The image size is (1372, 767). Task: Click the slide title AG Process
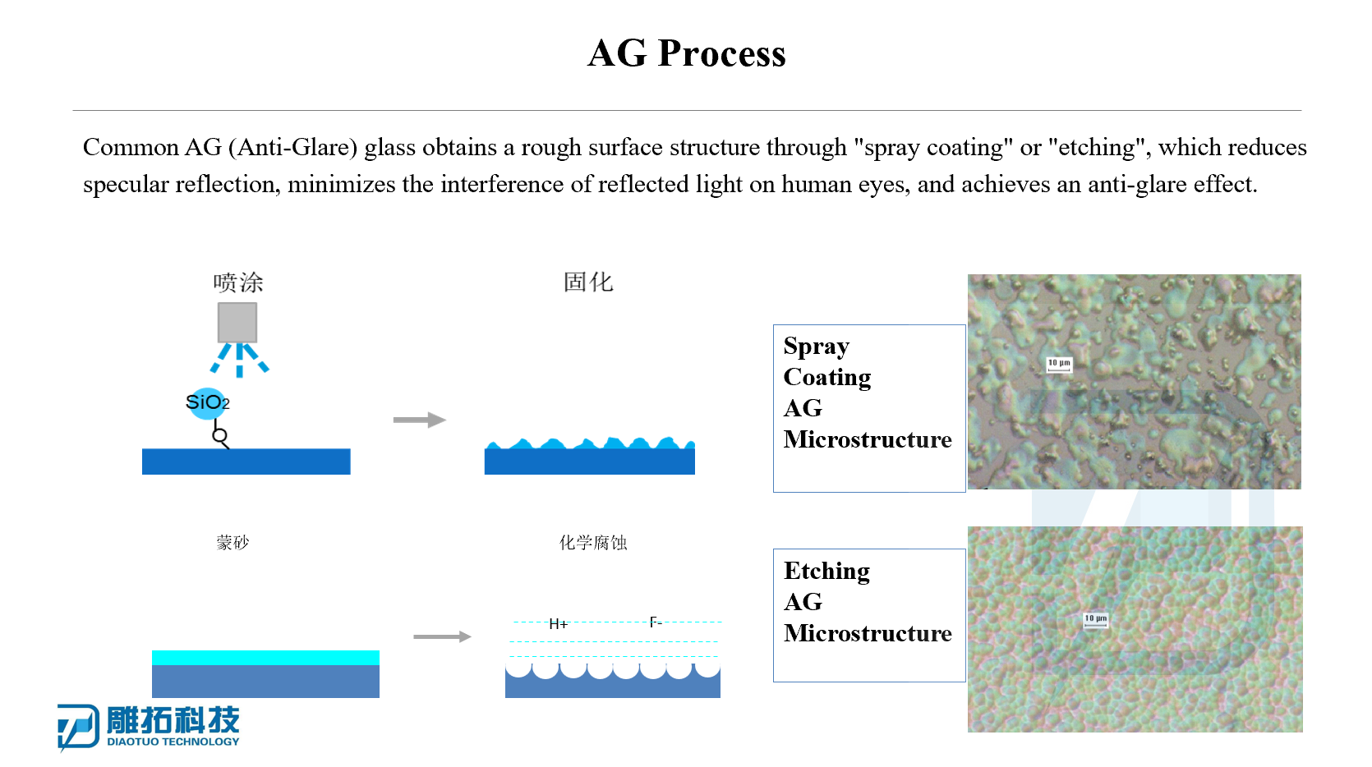click(686, 53)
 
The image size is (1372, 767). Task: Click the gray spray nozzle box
click(237, 322)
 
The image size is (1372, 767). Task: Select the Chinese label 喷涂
click(238, 282)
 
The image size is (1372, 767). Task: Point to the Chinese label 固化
click(588, 282)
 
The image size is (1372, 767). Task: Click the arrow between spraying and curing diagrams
click(420, 420)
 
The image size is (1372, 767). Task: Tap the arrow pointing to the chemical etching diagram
click(442, 636)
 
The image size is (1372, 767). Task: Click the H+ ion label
click(558, 624)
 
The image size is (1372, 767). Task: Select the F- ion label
click(656, 622)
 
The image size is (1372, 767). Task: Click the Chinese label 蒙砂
click(233, 542)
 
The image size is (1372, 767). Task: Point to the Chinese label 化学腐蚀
click(593, 542)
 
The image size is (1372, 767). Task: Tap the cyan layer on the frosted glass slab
click(266, 658)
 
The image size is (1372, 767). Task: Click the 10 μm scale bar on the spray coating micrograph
click(1059, 365)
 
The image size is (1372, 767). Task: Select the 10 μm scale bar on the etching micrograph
click(1096, 621)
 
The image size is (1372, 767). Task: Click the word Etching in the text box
click(826, 571)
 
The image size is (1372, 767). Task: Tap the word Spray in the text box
click(817, 347)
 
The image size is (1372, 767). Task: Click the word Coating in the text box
click(827, 378)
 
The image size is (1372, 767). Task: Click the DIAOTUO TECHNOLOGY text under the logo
click(173, 742)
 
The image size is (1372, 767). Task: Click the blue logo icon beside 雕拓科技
click(78, 727)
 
